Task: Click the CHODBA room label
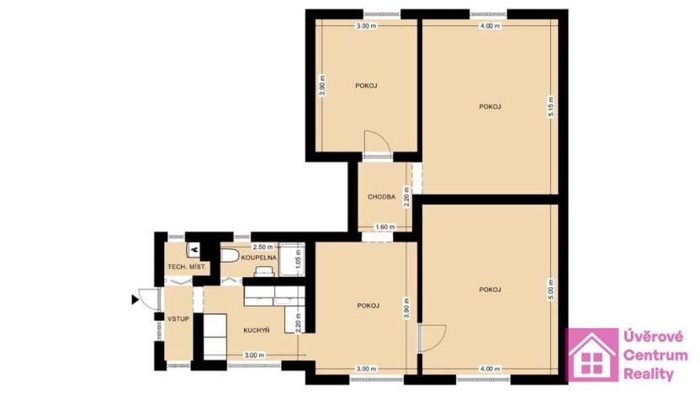(381, 196)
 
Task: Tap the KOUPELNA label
(258, 258)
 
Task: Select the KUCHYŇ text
(257, 331)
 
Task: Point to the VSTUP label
(178, 319)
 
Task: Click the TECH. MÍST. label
(187, 267)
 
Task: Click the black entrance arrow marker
(135, 300)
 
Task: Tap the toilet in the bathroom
(231, 256)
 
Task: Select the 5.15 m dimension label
(551, 107)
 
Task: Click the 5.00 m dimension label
(551, 290)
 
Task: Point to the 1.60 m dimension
(384, 227)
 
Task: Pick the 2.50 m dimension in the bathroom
(262, 247)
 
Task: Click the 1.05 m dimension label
(299, 258)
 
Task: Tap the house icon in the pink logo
(592, 355)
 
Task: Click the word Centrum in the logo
(655, 355)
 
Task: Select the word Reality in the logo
(648, 374)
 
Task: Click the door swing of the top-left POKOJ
(376, 143)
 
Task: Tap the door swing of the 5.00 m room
(432, 338)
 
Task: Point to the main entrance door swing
(149, 300)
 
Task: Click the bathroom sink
(264, 272)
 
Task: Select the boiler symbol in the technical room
(194, 250)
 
